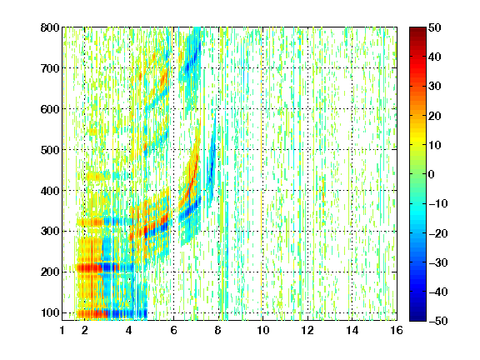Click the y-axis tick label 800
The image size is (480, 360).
click(50, 27)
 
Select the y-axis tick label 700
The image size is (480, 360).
click(50, 68)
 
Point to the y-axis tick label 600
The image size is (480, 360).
click(50, 109)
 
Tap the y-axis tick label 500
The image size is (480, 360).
click(50, 150)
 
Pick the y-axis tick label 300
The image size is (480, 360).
click(50, 232)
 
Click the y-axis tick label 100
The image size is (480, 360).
click(50, 312)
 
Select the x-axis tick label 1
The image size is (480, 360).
click(62, 330)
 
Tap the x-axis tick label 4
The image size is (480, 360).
click(129, 330)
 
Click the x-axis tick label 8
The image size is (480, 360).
click(218, 330)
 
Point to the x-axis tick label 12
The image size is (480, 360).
click(307, 330)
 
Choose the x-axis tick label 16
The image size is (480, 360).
click(397, 330)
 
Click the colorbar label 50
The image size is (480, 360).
click(435, 27)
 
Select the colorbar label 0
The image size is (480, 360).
click(432, 174)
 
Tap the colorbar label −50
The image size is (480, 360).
click(438, 321)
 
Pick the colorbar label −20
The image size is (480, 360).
click(438, 233)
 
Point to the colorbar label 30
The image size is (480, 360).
click(435, 87)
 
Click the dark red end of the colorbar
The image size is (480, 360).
click(417, 29)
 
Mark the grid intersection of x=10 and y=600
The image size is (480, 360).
click(262, 109)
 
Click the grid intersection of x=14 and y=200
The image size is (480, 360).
click(352, 272)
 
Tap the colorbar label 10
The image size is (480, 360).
click(435, 145)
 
